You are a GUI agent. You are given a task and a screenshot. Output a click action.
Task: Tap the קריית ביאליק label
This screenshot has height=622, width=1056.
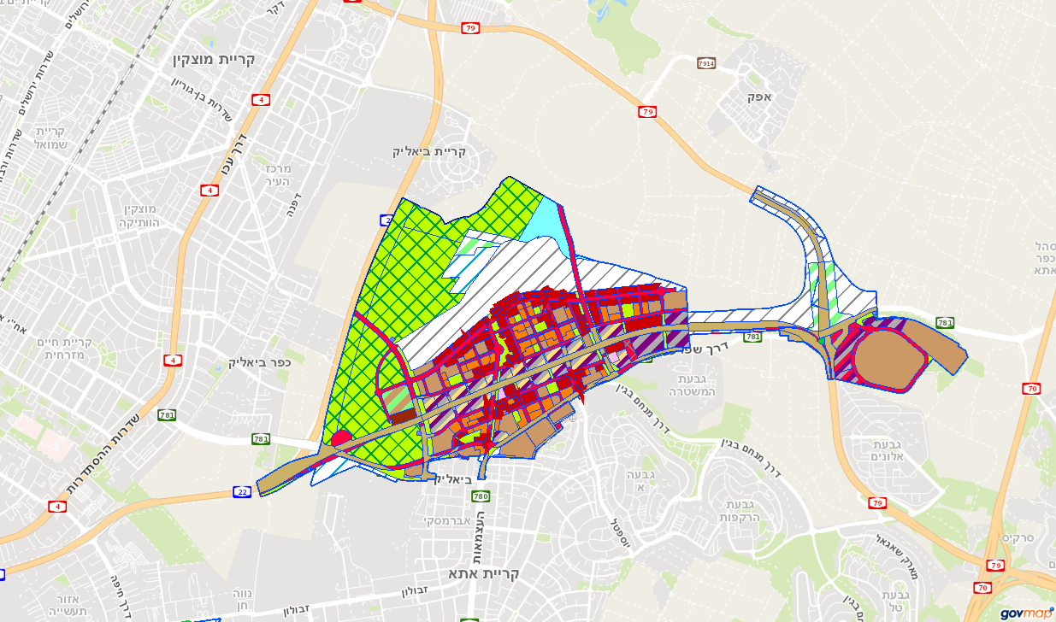coord(429,151)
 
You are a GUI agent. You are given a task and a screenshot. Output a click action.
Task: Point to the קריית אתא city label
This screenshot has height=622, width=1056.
coord(484,573)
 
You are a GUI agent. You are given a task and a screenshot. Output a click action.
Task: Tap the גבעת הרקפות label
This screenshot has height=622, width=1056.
coord(740,510)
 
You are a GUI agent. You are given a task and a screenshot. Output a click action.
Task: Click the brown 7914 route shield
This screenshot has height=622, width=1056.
coord(705,64)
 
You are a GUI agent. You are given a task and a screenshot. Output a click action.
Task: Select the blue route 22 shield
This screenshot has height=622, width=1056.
coord(242,492)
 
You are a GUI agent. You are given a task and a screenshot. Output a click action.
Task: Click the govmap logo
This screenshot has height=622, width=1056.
coord(1027,613)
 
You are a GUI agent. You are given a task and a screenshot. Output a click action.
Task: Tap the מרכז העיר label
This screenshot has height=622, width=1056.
coord(279,174)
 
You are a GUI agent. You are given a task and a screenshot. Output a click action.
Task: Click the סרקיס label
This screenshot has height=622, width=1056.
coord(1018,539)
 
